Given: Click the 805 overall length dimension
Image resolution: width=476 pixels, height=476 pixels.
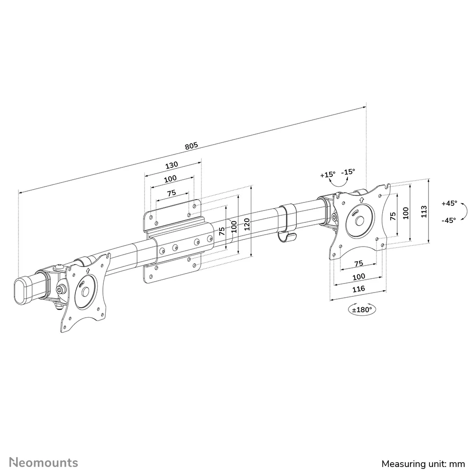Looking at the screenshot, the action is click(x=192, y=146).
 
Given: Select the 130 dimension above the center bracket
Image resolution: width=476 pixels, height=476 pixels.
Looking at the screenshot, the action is click(x=172, y=165).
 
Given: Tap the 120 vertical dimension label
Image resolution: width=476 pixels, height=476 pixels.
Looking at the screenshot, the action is click(x=247, y=224).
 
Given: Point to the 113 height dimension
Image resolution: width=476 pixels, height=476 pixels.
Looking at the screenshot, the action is click(x=424, y=211).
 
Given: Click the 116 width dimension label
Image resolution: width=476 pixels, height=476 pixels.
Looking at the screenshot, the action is click(x=358, y=289).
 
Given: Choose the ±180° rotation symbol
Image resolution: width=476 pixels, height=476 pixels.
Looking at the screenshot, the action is click(x=362, y=310).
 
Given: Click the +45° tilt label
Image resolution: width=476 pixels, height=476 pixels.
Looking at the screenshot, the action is click(x=449, y=203).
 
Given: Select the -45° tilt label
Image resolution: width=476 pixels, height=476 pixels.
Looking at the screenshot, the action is click(x=449, y=220).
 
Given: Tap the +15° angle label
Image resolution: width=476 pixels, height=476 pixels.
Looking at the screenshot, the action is click(x=328, y=175).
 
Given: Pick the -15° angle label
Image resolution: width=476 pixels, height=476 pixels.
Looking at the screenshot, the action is click(x=348, y=172).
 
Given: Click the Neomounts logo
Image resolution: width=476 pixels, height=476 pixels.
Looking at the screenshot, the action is click(x=44, y=462).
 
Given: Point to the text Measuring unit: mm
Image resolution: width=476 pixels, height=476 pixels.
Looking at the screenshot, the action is click(x=423, y=464).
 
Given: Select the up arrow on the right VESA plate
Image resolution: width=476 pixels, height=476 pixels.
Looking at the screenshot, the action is click(x=361, y=200).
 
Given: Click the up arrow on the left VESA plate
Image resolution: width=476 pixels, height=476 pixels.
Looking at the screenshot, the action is click(x=88, y=270).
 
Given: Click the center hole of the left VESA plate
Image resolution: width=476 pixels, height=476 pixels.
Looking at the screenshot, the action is click(x=85, y=292).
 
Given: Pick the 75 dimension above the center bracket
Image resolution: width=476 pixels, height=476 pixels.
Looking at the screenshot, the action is click(x=172, y=193).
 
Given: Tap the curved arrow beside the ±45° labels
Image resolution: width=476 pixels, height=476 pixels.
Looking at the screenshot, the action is click(x=465, y=211).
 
